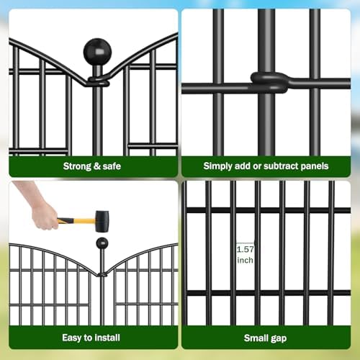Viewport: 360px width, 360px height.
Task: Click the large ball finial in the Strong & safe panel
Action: [97, 52]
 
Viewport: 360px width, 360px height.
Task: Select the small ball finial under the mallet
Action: [102, 243]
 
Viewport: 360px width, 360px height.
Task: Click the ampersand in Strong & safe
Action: [98, 166]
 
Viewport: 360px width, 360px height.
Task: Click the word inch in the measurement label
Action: [246, 260]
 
